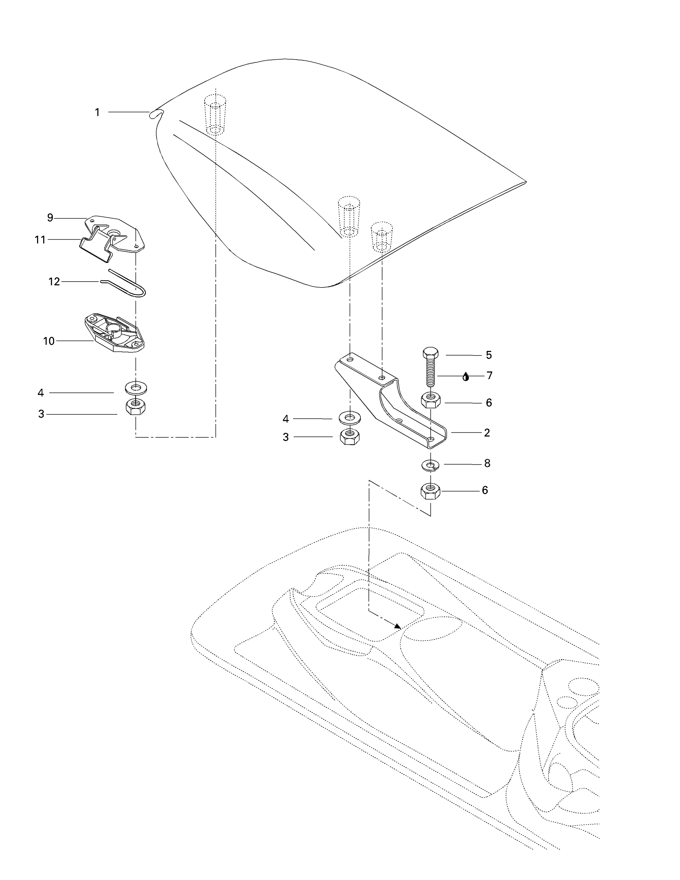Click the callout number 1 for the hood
[x=97, y=112]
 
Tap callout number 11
[x=40, y=240]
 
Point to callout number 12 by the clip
[x=54, y=282]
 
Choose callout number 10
[x=49, y=341]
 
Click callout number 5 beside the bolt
[x=489, y=356]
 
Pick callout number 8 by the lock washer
[x=487, y=464]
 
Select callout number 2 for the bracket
[x=487, y=433]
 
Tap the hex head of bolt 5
[x=431, y=353]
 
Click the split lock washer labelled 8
[x=431, y=466]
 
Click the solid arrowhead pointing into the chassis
[x=397, y=626]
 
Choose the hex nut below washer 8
[x=431, y=491]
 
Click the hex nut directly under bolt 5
[x=431, y=400]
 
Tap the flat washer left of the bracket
[x=350, y=418]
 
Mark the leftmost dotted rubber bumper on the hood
[x=215, y=115]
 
